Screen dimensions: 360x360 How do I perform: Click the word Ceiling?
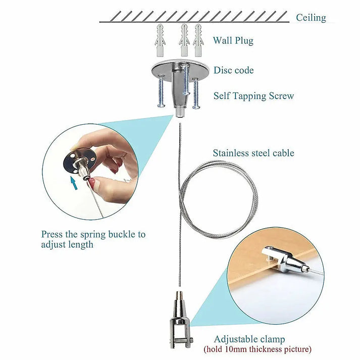pyautogui.click(x=311, y=18)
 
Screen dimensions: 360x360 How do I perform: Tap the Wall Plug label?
pyautogui.click(x=233, y=40)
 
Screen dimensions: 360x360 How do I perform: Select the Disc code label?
pyautogui.click(x=233, y=70)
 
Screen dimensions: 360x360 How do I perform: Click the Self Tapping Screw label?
pyautogui.click(x=253, y=95)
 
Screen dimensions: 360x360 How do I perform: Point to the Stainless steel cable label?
pyautogui.click(x=253, y=152)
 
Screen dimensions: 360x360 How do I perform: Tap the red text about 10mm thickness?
pyautogui.click(x=257, y=349)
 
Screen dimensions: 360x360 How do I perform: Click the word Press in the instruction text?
pyautogui.click(x=52, y=234)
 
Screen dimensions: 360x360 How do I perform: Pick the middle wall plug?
pyautogui.click(x=185, y=39)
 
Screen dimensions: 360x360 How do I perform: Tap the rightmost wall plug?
pyautogui.click(x=197, y=39)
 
